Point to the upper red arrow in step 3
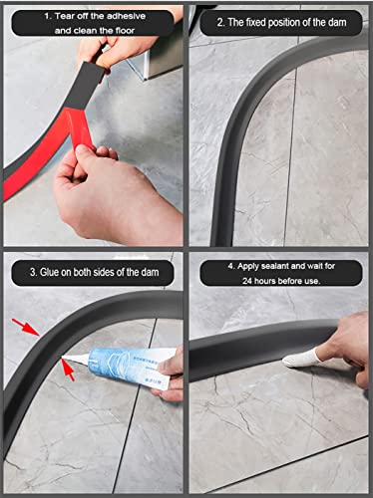pyautogui.click(x=27, y=325)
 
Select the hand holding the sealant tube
pyautogui.click(x=172, y=369)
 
